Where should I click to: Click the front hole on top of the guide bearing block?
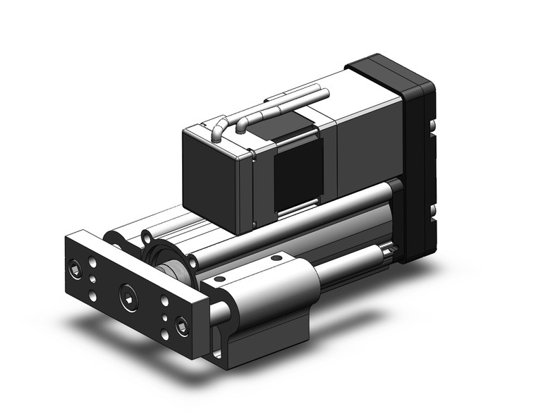tap(219, 281)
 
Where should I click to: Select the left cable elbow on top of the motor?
tap(219, 131)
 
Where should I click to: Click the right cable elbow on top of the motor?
tap(241, 124)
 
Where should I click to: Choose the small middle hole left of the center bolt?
tap(94, 279)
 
